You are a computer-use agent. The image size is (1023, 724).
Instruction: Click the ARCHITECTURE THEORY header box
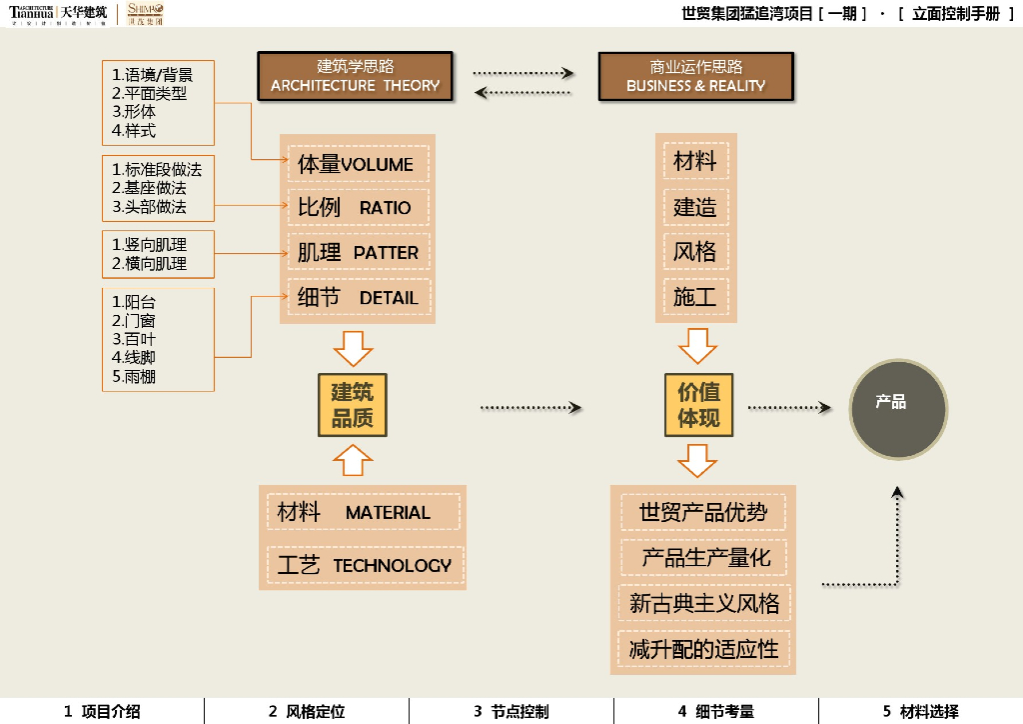pyautogui.click(x=355, y=76)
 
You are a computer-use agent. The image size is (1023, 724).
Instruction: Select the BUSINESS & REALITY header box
pyautogui.click(x=695, y=76)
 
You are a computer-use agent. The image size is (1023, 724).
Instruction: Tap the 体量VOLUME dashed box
pyautogui.click(x=358, y=164)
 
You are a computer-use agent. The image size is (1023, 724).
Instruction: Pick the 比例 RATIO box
pyautogui.click(x=358, y=208)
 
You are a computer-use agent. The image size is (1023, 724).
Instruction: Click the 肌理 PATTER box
pyautogui.click(x=358, y=252)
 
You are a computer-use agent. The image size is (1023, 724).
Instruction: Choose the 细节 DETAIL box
pyautogui.click(x=358, y=297)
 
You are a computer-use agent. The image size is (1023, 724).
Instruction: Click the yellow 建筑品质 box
pyautogui.click(x=352, y=405)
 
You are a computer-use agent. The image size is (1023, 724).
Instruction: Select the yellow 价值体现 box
pyautogui.click(x=698, y=405)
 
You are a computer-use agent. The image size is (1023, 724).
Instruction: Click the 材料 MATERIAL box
pyautogui.click(x=363, y=512)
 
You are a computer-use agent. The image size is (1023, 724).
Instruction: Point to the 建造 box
pyautogui.click(x=695, y=207)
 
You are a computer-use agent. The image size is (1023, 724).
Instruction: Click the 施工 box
pyautogui.click(x=695, y=297)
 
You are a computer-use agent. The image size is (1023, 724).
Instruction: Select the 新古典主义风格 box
pyautogui.click(x=703, y=603)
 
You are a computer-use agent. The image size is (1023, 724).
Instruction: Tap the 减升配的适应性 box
pyautogui.click(x=703, y=650)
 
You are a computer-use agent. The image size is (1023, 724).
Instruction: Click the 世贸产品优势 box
pyautogui.click(x=703, y=513)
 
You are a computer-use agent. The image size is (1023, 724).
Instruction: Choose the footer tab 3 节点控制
pyautogui.click(x=511, y=712)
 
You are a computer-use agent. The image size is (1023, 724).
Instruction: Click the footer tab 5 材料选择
pyautogui.click(x=920, y=712)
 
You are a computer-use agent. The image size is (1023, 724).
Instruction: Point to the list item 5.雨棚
pyautogui.click(x=134, y=377)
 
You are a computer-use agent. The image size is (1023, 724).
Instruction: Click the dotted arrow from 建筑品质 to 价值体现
pyautogui.click(x=529, y=407)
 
